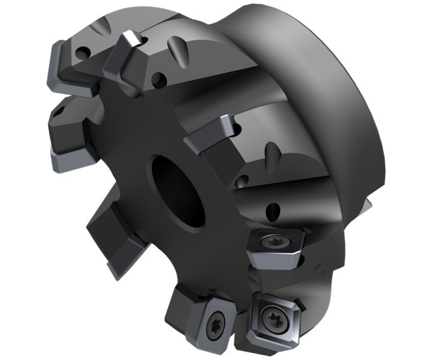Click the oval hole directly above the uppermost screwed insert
(273, 209)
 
